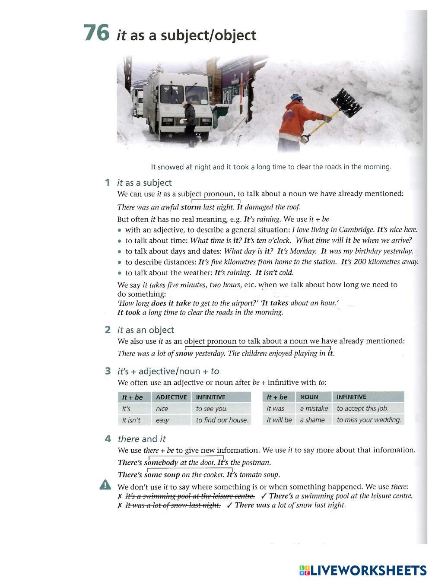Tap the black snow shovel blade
click(x=346, y=103)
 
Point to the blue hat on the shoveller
click(x=296, y=97)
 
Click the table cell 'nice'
click(x=162, y=409)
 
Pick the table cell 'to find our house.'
click(x=222, y=420)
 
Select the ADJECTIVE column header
click(x=171, y=397)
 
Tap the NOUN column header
click(x=309, y=397)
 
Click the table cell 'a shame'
click(x=312, y=420)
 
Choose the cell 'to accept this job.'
click(x=362, y=409)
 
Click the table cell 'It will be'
click(x=279, y=420)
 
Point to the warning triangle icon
click(x=105, y=486)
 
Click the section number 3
click(x=108, y=371)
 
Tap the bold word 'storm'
click(x=191, y=207)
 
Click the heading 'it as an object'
click(x=146, y=330)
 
